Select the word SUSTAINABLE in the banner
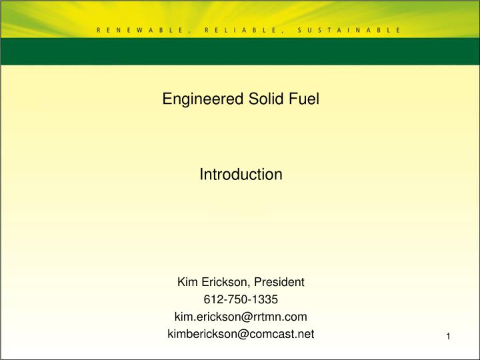[349, 30]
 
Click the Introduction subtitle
[241, 175]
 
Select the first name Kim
[187, 282]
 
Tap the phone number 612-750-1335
[241, 299]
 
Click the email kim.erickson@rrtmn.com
[241, 316]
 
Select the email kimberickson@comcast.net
[241, 333]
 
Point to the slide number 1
[449, 336]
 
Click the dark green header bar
[240, 52]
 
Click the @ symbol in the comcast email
[243, 333]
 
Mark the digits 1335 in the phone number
[265, 299]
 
